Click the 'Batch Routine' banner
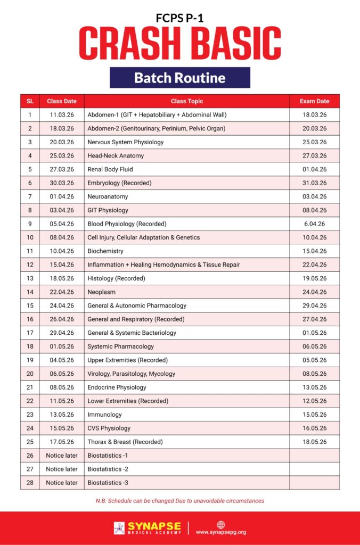179,78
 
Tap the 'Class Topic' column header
186,101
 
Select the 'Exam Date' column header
314,101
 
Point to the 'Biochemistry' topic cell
105,251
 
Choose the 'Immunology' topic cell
104,415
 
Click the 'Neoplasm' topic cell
101,292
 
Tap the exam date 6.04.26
314,224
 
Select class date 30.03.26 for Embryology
62,183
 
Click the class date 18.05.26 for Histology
62,278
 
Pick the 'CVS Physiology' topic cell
109,428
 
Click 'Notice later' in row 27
62,469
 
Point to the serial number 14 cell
30,292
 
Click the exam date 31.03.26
314,183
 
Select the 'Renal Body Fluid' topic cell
110,169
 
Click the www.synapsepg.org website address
221,532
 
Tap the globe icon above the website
221,524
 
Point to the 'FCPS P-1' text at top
179,18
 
